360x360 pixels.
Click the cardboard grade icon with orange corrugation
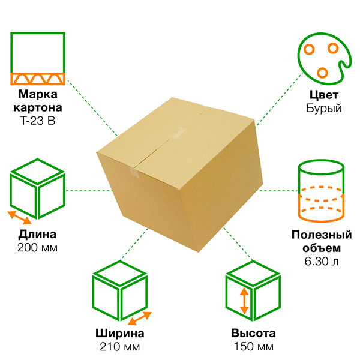coord(38,59)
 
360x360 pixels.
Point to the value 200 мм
coord(37,247)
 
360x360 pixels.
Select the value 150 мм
coord(253,347)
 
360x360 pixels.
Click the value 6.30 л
coord(322,260)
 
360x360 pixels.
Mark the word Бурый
coord(323,109)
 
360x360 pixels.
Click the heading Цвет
coord(323,95)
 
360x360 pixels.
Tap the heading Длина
coord(37,234)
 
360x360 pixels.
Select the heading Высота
coord(253,334)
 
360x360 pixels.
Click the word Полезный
coord(322,234)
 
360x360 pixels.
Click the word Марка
coord(38,95)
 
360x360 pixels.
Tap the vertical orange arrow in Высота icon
coord(244,301)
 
